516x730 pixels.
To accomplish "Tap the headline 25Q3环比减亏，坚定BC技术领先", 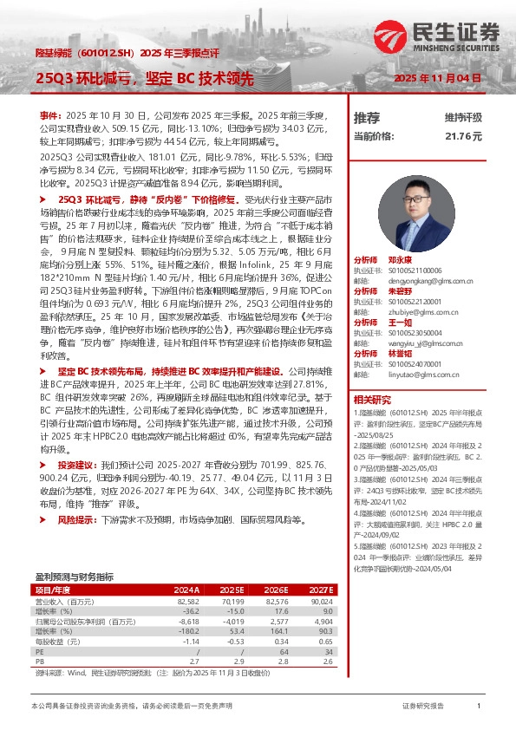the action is pos(143,78).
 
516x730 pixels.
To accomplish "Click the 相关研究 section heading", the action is pos(370,400).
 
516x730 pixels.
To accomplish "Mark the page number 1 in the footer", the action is pos(479,707).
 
